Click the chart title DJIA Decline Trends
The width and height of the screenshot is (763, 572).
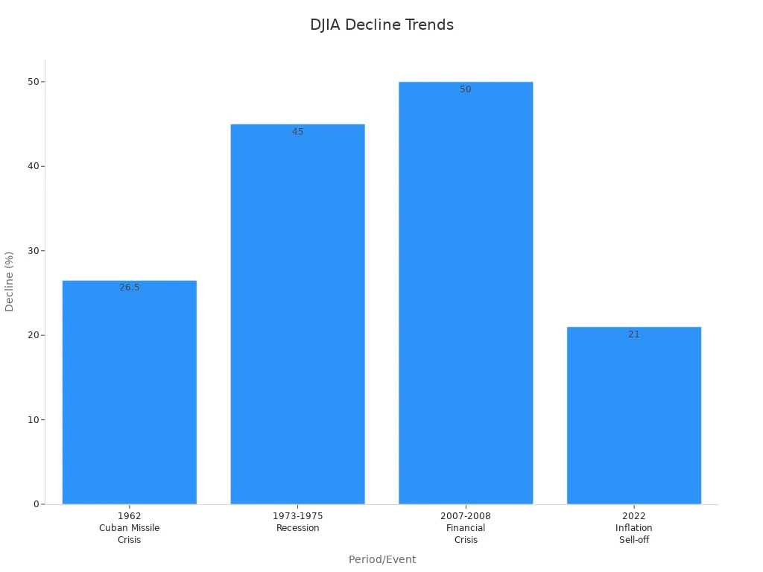click(x=381, y=25)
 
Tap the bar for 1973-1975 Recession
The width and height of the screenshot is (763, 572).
click(x=297, y=314)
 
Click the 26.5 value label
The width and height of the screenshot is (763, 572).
click(x=129, y=287)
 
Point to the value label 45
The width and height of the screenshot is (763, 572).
click(x=297, y=132)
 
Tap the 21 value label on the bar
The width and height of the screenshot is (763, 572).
click(x=634, y=334)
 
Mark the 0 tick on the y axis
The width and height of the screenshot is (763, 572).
click(x=35, y=504)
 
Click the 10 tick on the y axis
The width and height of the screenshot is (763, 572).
click(x=33, y=419)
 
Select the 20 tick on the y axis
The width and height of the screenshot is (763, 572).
click(x=33, y=335)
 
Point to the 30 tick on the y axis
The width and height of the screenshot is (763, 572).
click(x=33, y=250)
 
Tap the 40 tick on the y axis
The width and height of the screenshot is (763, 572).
click(x=33, y=166)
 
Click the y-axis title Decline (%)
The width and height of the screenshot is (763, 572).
click(x=10, y=281)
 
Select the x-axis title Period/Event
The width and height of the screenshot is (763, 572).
click(x=381, y=559)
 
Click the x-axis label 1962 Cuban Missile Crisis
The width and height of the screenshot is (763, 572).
click(x=129, y=528)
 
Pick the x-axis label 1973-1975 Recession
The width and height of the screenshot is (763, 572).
click(x=297, y=522)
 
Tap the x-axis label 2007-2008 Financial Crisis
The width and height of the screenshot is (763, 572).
click(x=466, y=528)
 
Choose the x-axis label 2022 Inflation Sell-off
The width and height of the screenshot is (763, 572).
click(x=634, y=528)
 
